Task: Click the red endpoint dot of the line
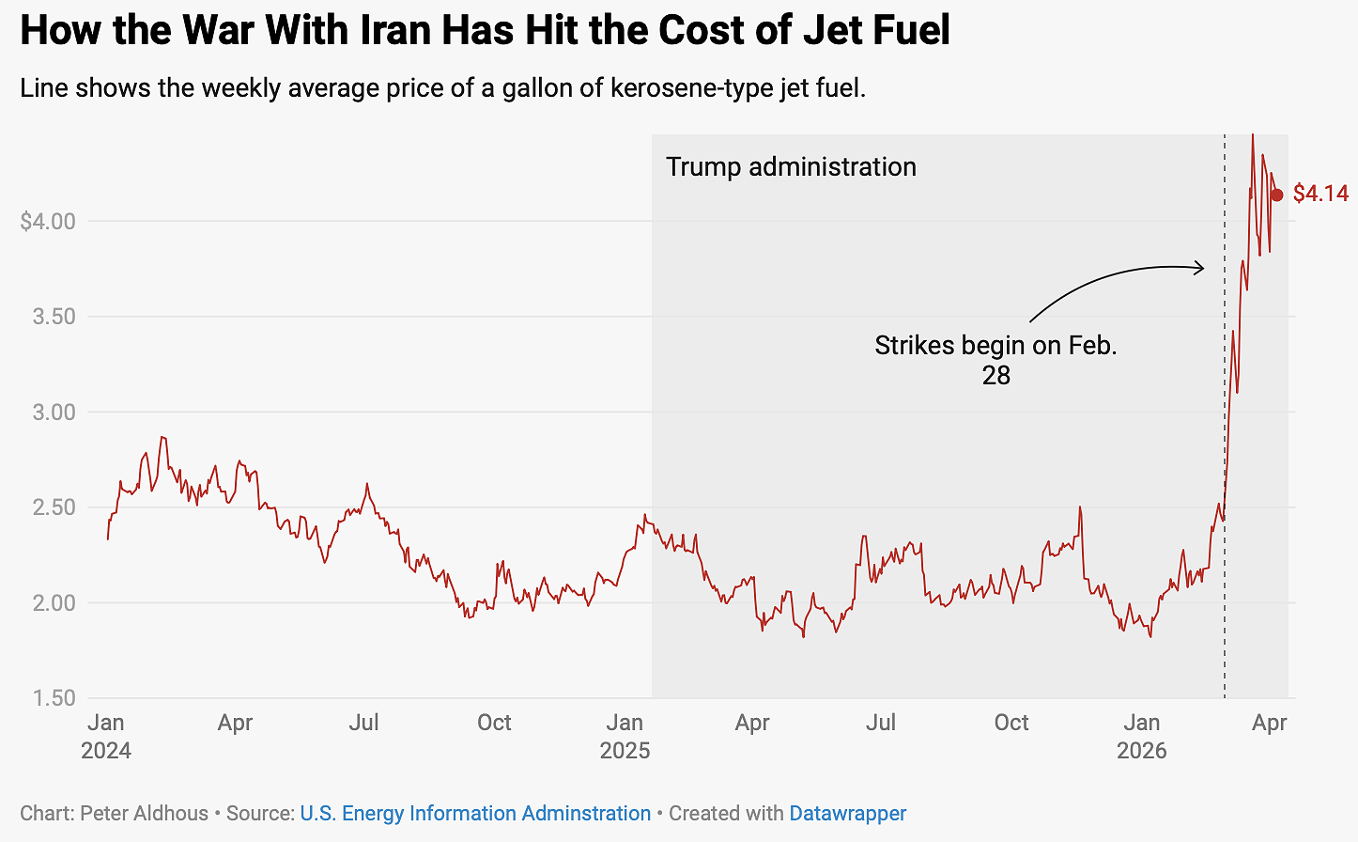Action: click(x=1276, y=195)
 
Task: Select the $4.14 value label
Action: click(x=1320, y=194)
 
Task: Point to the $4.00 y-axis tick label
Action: click(x=47, y=222)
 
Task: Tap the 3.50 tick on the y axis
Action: click(x=54, y=317)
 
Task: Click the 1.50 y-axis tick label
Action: click(x=54, y=698)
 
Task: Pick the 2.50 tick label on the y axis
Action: click(x=54, y=507)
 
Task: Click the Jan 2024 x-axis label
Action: click(x=106, y=736)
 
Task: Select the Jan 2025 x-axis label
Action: click(x=625, y=736)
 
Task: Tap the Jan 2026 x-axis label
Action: click(x=1142, y=736)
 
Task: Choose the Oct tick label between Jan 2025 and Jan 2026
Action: click(x=1011, y=723)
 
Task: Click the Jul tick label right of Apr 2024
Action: click(x=363, y=723)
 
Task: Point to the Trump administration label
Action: click(x=791, y=167)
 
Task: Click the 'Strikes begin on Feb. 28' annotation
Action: click(x=995, y=360)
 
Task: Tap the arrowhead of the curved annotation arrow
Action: click(x=1200, y=268)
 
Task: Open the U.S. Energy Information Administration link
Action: click(x=475, y=814)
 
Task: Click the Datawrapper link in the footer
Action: click(x=847, y=814)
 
